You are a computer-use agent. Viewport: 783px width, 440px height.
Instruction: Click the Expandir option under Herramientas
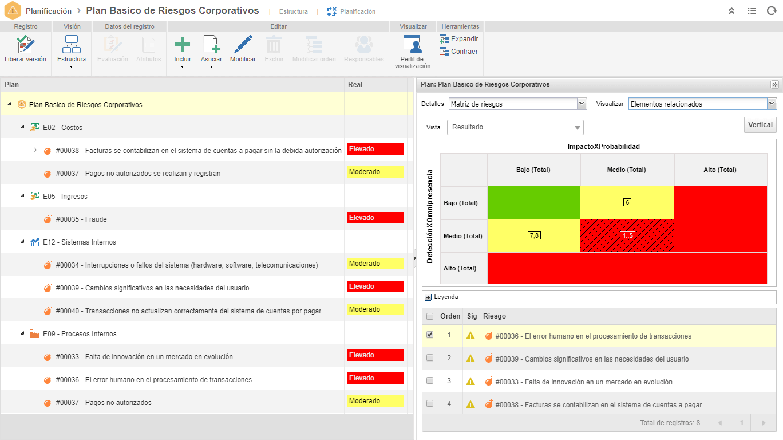point(459,39)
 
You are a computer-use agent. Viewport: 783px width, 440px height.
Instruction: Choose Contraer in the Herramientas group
point(458,52)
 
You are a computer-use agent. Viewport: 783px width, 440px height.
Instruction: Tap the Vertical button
point(760,125)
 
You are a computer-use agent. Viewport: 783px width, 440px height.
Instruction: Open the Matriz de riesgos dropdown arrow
point(582,104)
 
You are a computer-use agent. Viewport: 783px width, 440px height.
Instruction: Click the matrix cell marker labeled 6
point(627,202)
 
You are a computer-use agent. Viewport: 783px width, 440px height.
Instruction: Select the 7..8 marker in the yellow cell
point(534,235)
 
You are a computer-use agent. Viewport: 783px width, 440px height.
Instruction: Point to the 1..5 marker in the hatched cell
point(627,235)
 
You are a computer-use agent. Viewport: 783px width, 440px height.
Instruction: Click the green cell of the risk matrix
point(533,202)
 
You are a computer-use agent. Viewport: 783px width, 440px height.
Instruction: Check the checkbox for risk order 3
point(430,380)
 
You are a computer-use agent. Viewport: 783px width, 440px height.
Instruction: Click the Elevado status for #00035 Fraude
point(375,218)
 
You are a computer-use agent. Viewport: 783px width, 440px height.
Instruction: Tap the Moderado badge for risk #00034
point(375,264)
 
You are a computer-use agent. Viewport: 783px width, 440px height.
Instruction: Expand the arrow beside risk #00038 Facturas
point(35,150)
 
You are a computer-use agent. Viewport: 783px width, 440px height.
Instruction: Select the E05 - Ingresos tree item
point(65,196)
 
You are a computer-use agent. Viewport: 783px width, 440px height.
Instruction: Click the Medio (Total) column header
point(626,170)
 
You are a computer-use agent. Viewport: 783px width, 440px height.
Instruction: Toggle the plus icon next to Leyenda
point(428,297)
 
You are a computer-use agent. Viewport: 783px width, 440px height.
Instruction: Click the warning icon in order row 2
point(470,359)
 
